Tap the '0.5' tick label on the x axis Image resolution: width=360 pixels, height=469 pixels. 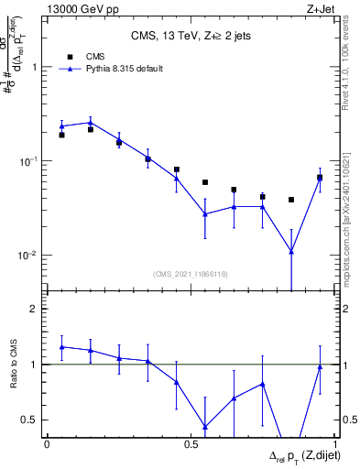(x=191, y=444)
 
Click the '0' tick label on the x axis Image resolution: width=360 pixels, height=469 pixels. (x=47, y=444)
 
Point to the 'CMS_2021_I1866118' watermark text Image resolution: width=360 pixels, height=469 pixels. (x=190, y=274)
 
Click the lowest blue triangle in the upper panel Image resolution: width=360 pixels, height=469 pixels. (x=291, y=251)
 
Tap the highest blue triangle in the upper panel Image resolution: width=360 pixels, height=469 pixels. (x=91, y=122)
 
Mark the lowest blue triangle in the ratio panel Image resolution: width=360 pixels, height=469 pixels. (x=204, y=427)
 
